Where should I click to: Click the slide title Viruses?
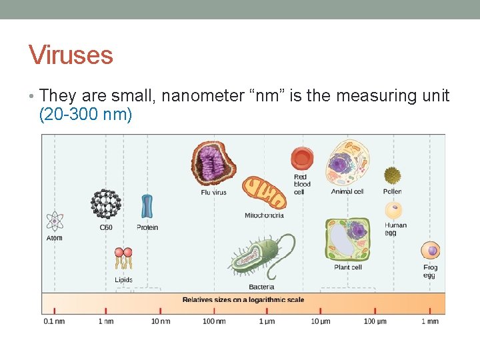tap(71, 55)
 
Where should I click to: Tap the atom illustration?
tap(54, 221)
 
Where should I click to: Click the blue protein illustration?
tap(147, 207)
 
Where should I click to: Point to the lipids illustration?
tap(123, 260)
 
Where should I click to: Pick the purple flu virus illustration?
tap(213, 163)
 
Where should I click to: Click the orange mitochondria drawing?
tap(264, 194)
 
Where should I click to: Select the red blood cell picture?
tap(301, 159)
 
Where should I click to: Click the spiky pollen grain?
tap(393, 175)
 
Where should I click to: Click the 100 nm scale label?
tap(214, 321)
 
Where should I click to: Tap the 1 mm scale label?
tap(430, 321)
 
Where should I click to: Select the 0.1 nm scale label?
tap(54, 321)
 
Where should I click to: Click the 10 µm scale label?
tap(321, 321)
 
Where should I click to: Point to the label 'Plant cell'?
tap(347, 267)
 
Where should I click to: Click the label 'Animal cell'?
tap(347, 192)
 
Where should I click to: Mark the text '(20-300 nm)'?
tap(86, 115)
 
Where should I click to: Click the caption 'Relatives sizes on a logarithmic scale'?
tap(243, 300)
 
